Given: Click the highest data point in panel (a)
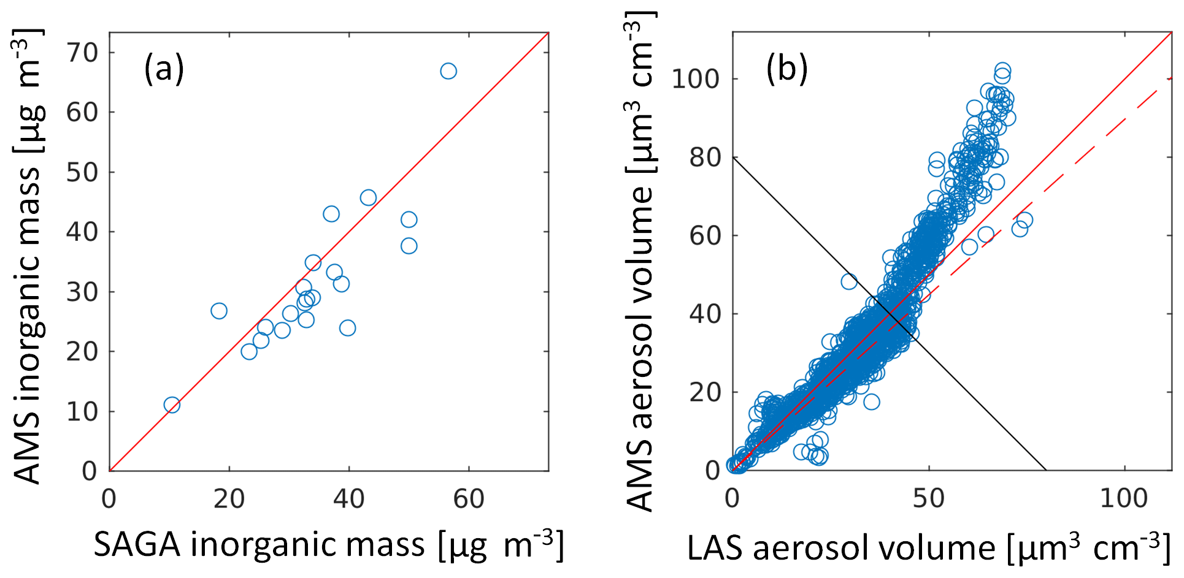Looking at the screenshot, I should [448, 71].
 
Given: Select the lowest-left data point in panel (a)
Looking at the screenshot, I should [172, 405].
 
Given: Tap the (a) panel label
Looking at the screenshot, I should [164, 68].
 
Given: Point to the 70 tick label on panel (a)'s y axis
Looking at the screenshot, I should [82, 53].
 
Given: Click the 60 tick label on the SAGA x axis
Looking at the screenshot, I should [469, 500].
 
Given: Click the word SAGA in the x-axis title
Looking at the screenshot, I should [137, 544].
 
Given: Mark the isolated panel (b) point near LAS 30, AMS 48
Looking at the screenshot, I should [849, 281].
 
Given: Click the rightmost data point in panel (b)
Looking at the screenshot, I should [1023, 220].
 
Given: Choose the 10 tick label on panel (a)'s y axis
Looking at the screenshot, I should [82, 412].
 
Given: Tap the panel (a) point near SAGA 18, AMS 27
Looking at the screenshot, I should [219, 311].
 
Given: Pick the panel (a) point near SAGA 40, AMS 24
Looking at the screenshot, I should [347, 328].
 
